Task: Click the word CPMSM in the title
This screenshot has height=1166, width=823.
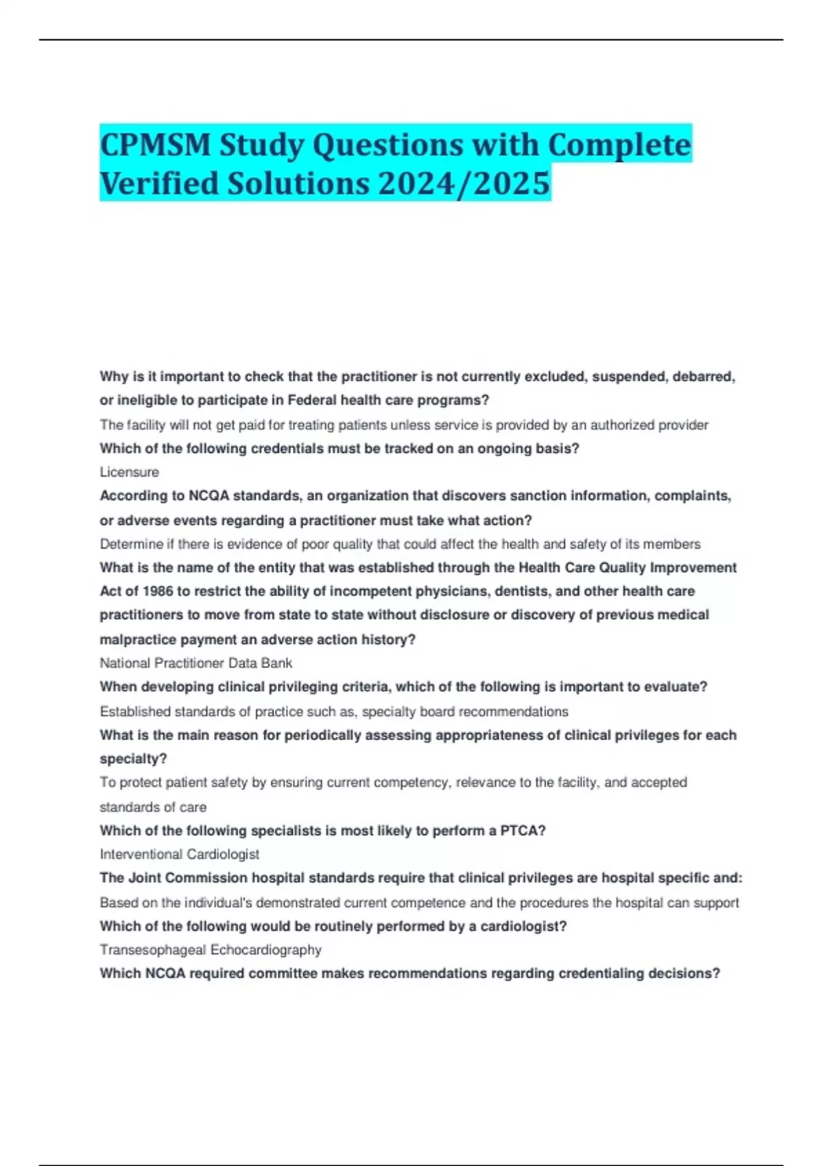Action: pos(155,145)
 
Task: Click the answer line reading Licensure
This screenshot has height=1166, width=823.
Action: pos(129,472)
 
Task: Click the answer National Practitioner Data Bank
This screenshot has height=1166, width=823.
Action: pos(195,663)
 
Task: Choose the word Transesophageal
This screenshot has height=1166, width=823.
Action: pos(152,950)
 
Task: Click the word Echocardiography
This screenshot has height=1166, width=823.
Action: pos(266,950)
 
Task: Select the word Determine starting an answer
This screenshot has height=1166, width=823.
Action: pos(130,545)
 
